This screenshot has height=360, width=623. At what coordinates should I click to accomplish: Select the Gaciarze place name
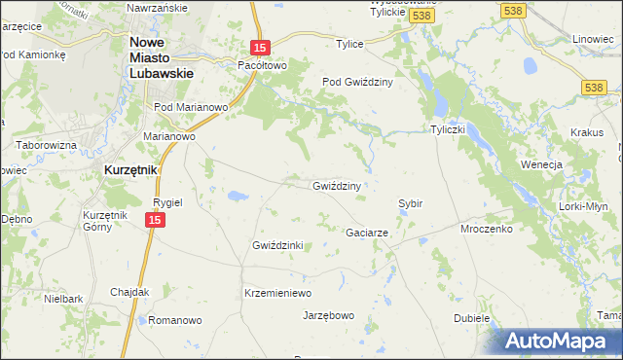(368, 234)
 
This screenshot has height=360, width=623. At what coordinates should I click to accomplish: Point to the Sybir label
(410, 203)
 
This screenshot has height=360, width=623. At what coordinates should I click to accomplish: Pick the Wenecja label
(543, 164)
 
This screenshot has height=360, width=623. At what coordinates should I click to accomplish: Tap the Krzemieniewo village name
(276, 293)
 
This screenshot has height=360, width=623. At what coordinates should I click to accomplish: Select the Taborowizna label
(46, 144)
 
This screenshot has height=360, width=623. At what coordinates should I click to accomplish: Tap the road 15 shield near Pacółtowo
(258, 47)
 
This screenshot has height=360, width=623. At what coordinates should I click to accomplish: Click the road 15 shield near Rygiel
(154, 222)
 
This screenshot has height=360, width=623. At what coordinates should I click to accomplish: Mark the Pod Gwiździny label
(357, 83)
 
